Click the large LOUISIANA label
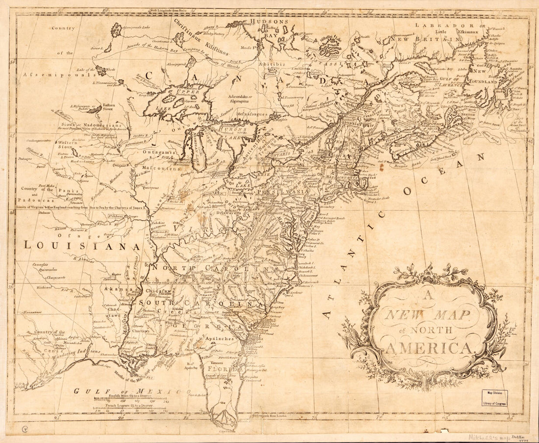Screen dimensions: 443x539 click(x=82, y=246)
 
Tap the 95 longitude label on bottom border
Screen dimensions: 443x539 click(x=58, y=418)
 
